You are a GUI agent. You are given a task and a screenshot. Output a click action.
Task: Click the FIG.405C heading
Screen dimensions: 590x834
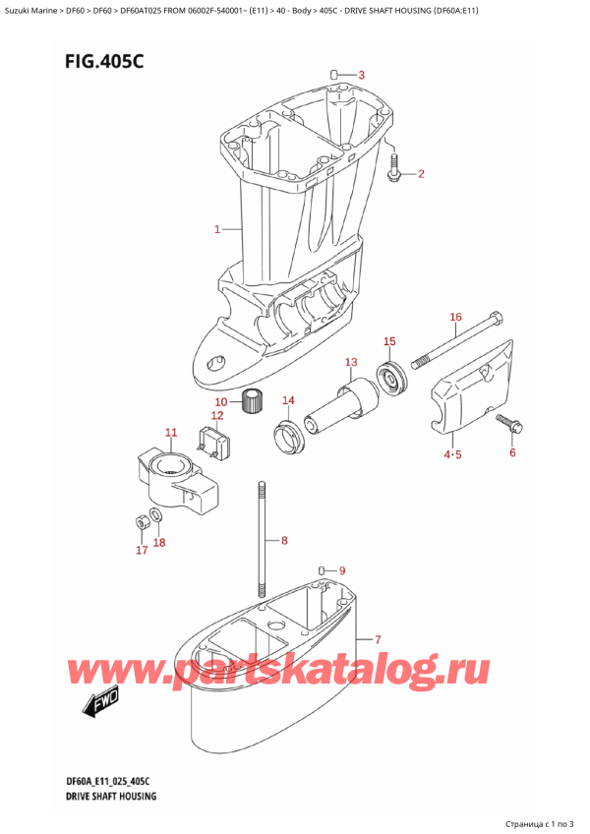(104, 62)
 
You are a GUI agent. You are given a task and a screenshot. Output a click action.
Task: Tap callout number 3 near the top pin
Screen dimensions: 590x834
(361, 75)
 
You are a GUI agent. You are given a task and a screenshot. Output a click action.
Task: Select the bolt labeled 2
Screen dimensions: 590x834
(394, 167)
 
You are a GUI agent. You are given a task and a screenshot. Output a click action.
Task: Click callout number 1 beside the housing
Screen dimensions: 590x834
(217, 229)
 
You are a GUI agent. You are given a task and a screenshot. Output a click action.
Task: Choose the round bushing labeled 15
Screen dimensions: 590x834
(392, 376)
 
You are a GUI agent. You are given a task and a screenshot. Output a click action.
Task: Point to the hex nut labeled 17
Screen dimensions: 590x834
(141, 522)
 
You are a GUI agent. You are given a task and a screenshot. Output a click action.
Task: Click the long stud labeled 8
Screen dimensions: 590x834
(263, 540)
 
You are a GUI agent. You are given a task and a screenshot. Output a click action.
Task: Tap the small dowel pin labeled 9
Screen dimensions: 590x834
(322, 570)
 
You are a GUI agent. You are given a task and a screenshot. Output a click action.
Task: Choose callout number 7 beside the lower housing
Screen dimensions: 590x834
(378, 638)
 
